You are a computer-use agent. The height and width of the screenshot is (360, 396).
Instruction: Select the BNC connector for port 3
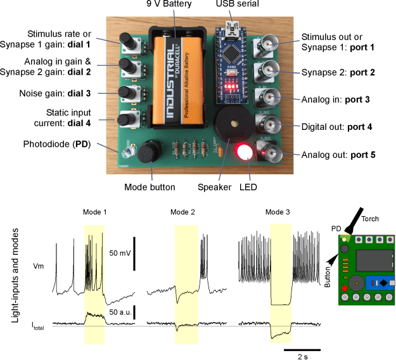click(x=264, y=97)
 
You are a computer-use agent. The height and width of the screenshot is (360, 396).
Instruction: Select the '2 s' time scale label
click(x=301, y=355)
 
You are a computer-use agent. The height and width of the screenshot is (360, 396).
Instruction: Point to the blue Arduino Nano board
click(x=234, y=63)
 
